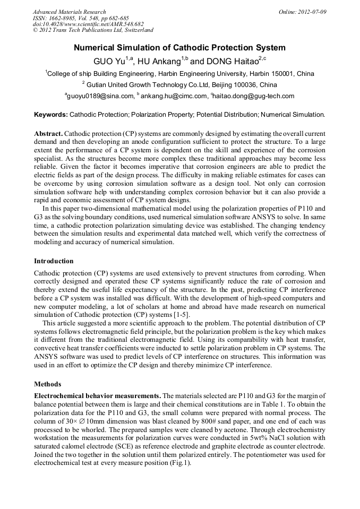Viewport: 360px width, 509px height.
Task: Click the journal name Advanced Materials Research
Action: click(70, 12)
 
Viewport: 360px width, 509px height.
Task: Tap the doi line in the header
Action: click(88, 24)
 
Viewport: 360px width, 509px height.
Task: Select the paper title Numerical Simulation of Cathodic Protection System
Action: click(179, 48)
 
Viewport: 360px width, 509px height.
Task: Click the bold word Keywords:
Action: click(51, 114)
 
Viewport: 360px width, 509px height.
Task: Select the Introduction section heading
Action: click(54, 261)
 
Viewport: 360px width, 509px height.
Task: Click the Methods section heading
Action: click(48, 384)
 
